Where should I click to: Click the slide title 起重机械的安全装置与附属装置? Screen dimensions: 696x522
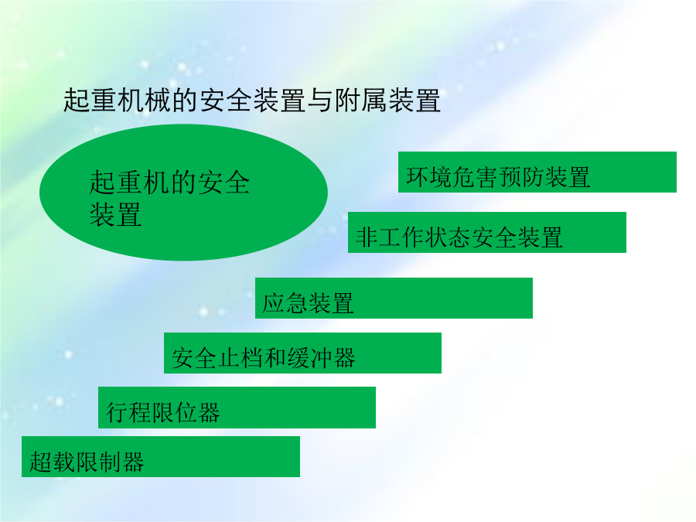[x=252, y=100]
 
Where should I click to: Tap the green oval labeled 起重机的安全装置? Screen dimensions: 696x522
[x=183, y=193]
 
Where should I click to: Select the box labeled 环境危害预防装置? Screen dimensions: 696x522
[x=537, y=172]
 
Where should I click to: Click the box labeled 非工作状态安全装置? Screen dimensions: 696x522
[x=487, y=233]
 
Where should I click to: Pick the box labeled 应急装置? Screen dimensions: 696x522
[x=394, y=299]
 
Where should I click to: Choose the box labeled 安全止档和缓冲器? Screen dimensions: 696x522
[x=302, y=353]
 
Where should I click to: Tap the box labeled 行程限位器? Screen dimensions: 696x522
[x=237, y=408]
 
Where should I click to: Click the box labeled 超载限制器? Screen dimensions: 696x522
[x=161, y=457]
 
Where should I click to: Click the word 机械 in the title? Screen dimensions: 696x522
[x=145, y=100]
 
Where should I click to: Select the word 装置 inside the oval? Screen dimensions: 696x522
[x=115, y=214]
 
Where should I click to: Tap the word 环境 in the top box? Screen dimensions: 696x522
[x=429, y=177]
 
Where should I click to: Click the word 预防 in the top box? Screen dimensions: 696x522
[x=521, y=177]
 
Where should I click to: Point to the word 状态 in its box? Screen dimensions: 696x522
[x=449, y=237]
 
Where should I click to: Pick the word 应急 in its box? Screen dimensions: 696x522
[x=285, y=303]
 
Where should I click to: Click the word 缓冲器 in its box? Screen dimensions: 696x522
[x=322, y=358]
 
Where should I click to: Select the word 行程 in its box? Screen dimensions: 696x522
[x=128, y=412]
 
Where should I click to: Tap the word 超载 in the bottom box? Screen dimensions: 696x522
[x=53, y=462]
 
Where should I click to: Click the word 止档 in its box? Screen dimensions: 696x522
[x=241, y=358]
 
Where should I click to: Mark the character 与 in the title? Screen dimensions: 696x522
[x=320, y=100]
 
